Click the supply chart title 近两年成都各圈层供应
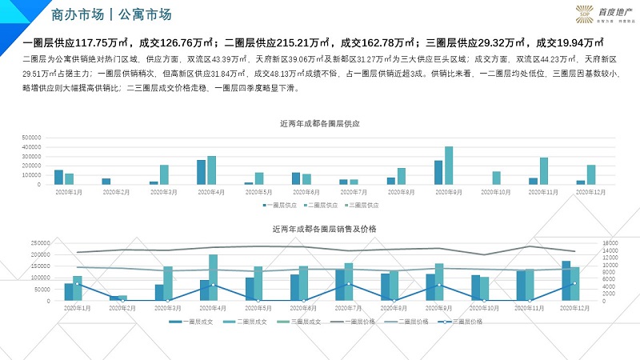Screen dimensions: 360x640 pos(320,124)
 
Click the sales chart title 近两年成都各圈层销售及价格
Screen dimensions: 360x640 pos(320,229)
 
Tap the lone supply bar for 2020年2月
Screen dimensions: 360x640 pos(106,182)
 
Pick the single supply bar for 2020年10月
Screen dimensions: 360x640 pos(496,178)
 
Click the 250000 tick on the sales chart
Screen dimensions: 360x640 pos(41,242)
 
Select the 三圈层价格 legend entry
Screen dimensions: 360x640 pos(464,321)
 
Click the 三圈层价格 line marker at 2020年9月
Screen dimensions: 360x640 pos(438,285)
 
